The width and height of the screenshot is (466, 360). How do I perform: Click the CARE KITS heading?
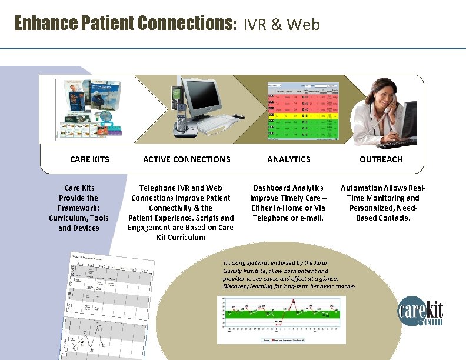[x=89, y=159]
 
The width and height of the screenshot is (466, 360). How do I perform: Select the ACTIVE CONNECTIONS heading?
[x=187, y=159]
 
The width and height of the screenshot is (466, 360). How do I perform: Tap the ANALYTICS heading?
[x=288, y=159]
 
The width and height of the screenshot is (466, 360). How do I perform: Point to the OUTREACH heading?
[x=381, y=159]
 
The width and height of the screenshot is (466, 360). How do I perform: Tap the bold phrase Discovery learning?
[x=247, y=286]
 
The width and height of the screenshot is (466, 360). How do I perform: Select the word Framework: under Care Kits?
[x=78, y=208]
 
